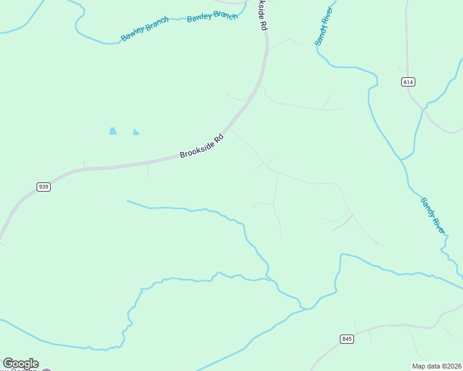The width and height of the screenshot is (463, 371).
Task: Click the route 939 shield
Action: click(x=43, y=187)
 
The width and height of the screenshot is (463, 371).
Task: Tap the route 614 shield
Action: click(x=407, y=82)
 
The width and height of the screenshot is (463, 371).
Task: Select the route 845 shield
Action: click(x=347, y=338)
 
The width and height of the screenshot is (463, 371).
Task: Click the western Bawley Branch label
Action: click(x=144, y=30)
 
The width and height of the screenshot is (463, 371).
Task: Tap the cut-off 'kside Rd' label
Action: click(x=263, y=15)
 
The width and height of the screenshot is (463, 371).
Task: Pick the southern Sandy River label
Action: click(x=433, y=215)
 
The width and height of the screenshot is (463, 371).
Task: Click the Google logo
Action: click(x=20, y=364)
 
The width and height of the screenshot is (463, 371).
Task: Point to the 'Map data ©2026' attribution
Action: click(x=436, y=365)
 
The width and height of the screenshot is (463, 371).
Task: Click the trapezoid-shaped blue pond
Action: click(x=113, y=131)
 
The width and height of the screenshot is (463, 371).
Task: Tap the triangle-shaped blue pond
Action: click(x=136, y=132)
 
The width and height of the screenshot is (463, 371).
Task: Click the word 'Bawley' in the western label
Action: click(x=133, y=35)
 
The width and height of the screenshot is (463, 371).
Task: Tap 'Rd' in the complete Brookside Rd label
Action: click(x=219, y=137)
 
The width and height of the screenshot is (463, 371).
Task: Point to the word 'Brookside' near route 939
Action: click(x=196, y=148)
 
